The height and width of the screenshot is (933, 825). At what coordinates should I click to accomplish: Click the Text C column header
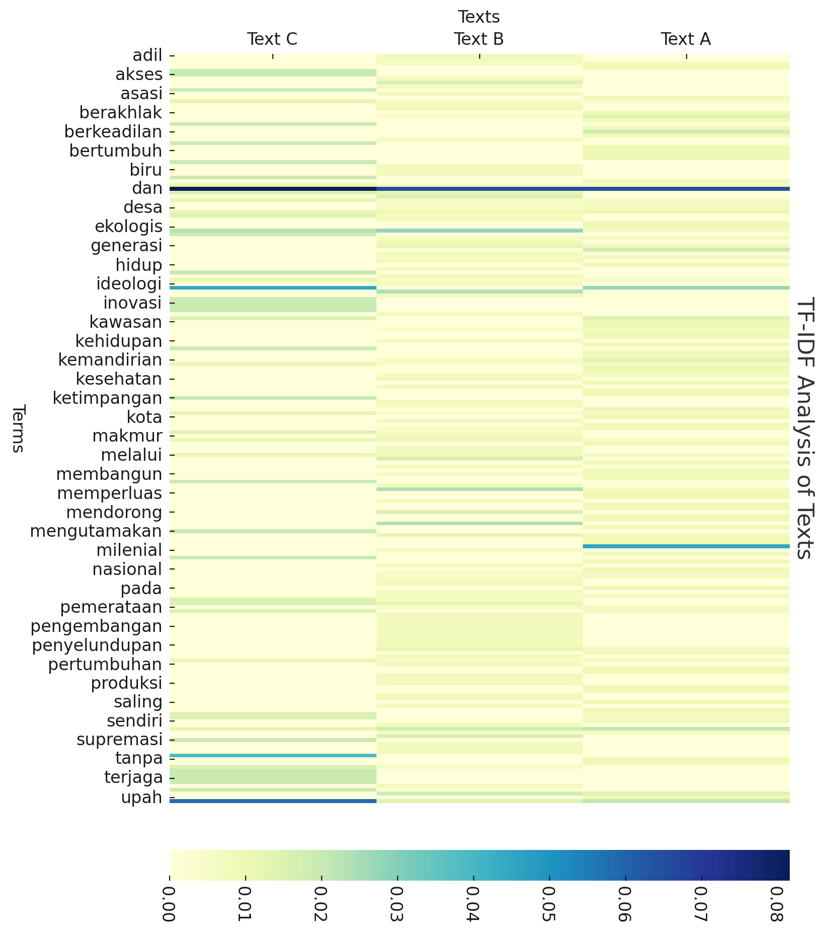[272, 39]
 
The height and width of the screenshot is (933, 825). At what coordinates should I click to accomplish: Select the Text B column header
[479, 39]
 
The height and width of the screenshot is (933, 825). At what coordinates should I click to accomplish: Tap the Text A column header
[686, 39]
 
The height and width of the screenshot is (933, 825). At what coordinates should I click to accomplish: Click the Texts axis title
[479, 17]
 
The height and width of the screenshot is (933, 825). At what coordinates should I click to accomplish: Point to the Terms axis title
[18, 428]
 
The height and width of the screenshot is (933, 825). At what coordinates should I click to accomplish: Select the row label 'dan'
[147, 188]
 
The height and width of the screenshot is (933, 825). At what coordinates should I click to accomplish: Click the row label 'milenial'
[129, 550]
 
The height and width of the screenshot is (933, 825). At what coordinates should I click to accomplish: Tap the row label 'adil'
[147, 55]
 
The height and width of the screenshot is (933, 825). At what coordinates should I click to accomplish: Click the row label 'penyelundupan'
[97, 645]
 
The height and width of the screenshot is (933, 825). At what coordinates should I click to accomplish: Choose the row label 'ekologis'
[128, 227]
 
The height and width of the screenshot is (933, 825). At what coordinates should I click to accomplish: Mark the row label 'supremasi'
[120, 740]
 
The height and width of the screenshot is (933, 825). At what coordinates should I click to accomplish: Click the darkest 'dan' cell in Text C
[273, 189]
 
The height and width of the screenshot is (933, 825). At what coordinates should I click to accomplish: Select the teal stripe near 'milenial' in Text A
[686, 546]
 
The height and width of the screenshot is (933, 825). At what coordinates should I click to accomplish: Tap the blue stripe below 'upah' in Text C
[273, 801]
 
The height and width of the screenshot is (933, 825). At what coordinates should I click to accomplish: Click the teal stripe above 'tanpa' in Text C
[273, 755]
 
